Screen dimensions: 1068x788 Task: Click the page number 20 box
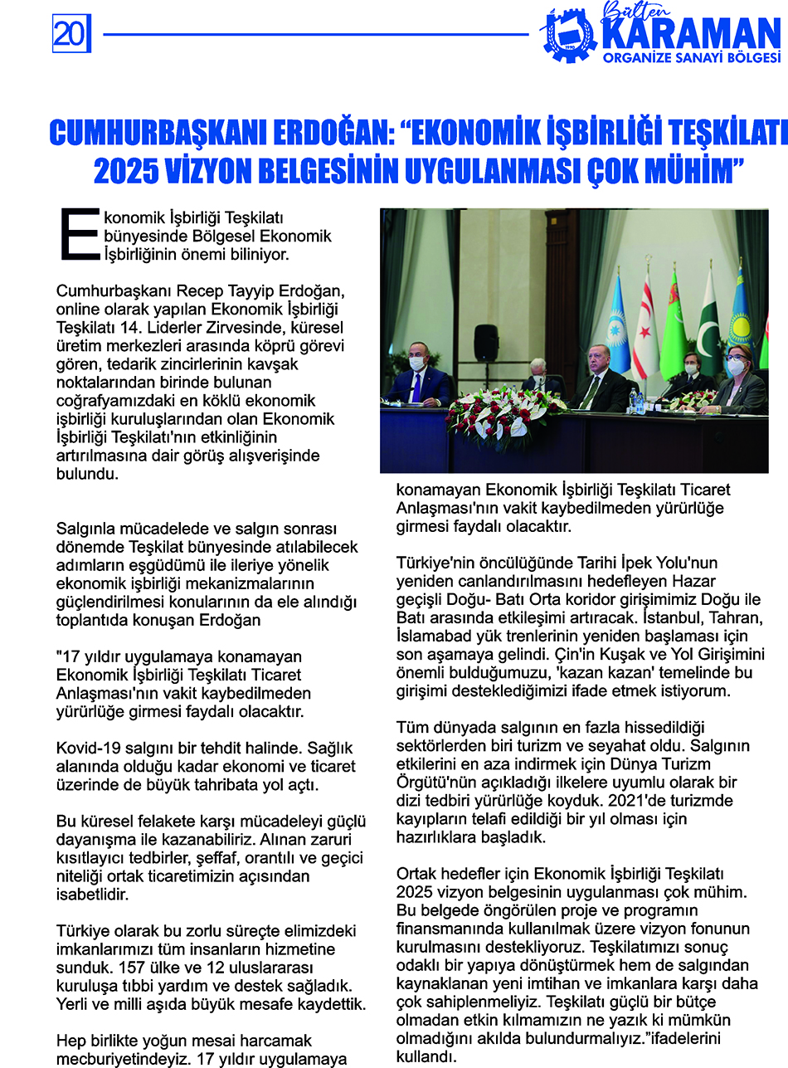coord(69,34)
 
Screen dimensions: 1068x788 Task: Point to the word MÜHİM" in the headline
coord(688,170)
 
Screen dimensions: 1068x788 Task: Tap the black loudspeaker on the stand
coord(486,343)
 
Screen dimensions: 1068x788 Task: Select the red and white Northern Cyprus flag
coord(645,332)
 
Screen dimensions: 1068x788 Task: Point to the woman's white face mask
coord(734,368)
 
